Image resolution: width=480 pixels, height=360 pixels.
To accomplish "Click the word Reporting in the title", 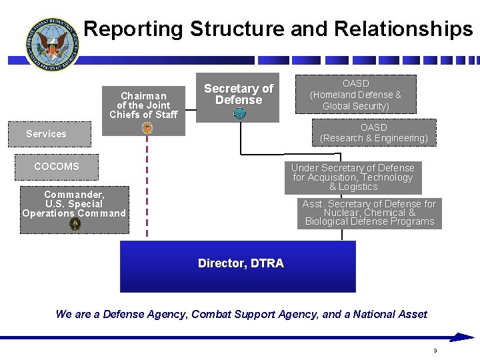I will point(133,29).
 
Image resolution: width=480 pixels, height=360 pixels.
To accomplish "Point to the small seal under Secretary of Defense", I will point(240,114).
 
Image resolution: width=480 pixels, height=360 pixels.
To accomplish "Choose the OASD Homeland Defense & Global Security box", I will point(355,95).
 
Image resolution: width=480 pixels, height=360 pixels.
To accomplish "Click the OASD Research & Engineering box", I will point(374,133).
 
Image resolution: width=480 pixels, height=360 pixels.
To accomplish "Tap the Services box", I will point(46,134).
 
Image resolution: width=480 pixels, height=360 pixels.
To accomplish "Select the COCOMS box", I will point(57,167).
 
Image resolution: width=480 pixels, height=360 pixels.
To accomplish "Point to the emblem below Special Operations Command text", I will point(75,224).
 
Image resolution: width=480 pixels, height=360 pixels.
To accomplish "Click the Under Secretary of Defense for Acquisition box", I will point(353,177).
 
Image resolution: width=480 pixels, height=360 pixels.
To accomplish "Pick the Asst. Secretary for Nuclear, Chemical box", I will point(369,213).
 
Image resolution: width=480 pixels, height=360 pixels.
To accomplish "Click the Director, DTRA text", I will point(241,263).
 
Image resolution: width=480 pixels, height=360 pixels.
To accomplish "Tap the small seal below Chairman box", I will point(147,128).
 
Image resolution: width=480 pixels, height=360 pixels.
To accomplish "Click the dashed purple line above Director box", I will point(147,193).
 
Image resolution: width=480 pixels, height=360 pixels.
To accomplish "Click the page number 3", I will point(435,351).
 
